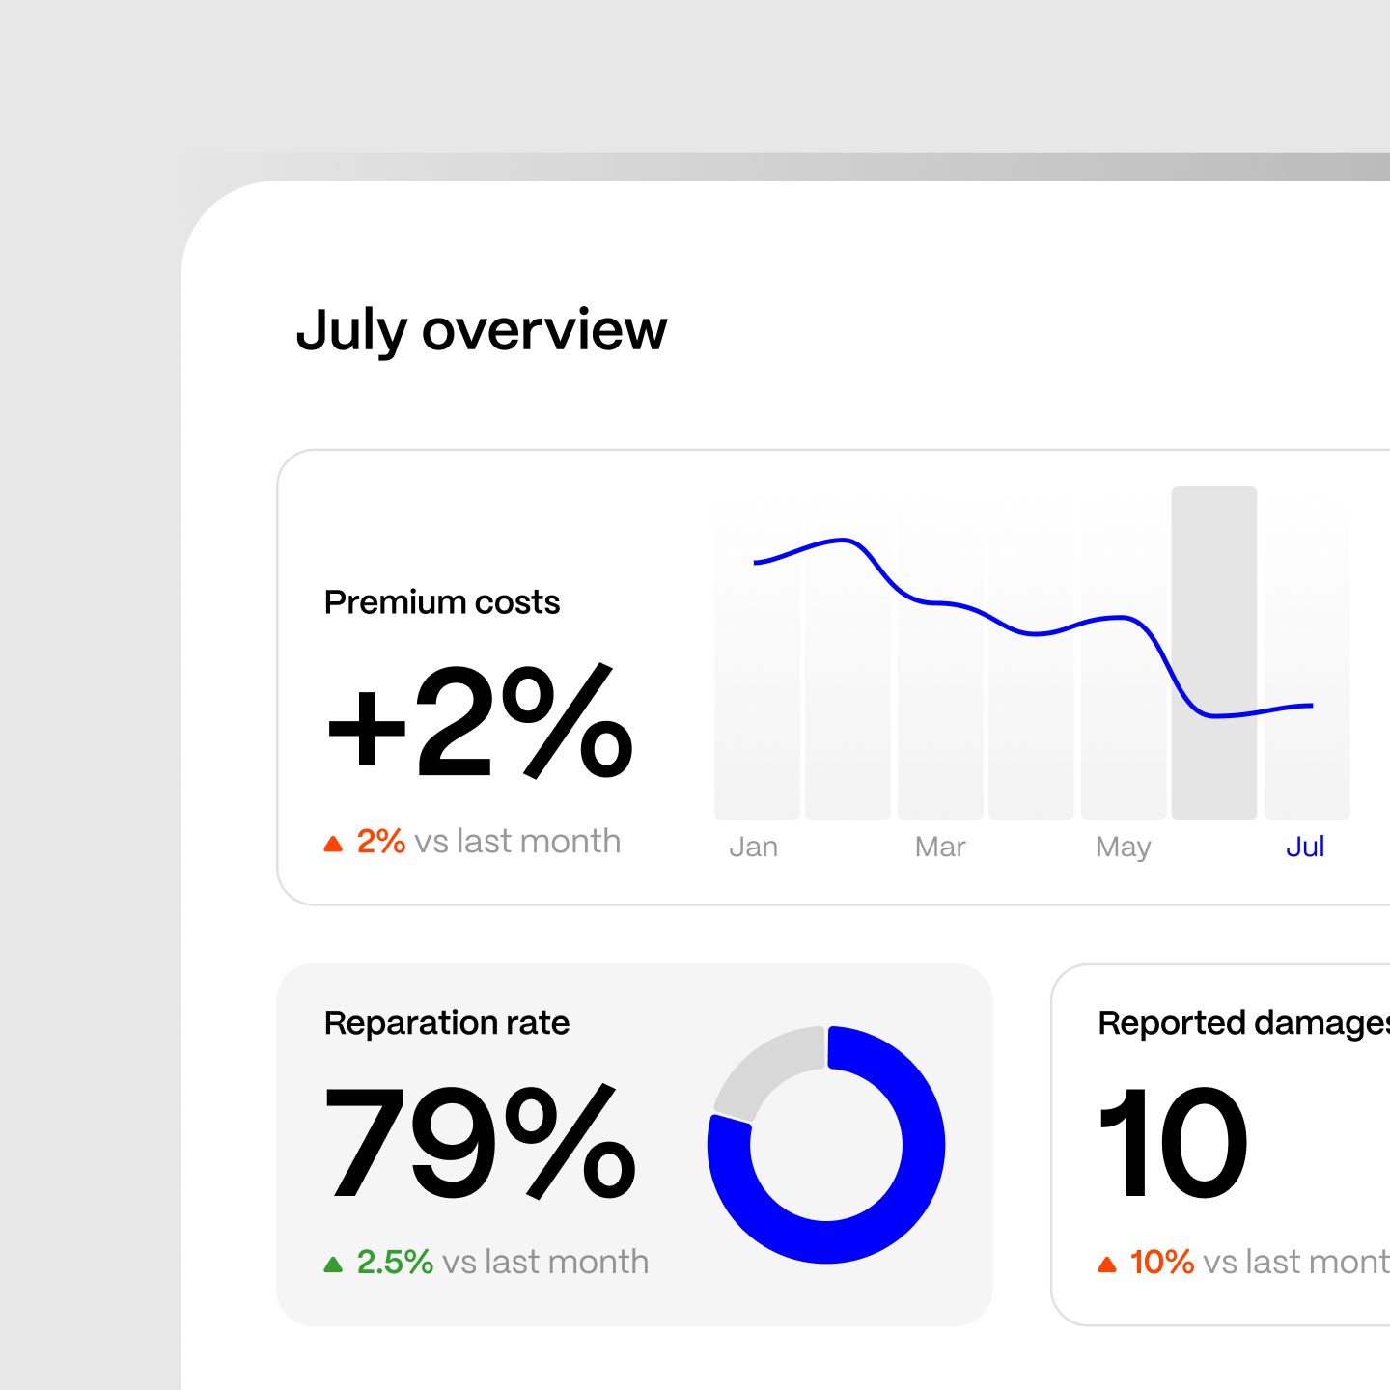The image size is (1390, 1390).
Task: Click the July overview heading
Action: click(x=481, y=330)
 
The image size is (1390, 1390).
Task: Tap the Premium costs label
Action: click(x=442, y=602)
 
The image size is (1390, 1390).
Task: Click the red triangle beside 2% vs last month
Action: click(x=333, y=844)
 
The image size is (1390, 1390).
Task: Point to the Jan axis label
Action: click(x=753, y=847)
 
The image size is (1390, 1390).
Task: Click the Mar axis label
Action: click(x=940, y=847)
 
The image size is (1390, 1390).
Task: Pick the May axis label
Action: click(x=1124, y=847)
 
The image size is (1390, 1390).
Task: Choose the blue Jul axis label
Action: click(x=1305, y=847)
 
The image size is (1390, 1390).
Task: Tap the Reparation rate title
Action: click(x=447, y=1023)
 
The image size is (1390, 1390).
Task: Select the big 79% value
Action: click(x=480, y=1143)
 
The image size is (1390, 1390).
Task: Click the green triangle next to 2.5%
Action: click(x=333, y=1265)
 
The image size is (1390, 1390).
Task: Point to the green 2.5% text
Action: click(x=395, y=1262)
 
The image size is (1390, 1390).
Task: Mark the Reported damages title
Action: click(x=1243, y=1023)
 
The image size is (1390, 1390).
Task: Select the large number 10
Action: click(x=1174, y=1143)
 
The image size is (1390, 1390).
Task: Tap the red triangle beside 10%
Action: click(x=1107, y=1265)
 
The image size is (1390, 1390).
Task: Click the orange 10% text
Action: click(x=1162, y=1262)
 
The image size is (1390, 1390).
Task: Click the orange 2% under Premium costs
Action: click(x=381, y=841)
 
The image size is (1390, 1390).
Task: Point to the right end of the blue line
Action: click(x=1311, y=706)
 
